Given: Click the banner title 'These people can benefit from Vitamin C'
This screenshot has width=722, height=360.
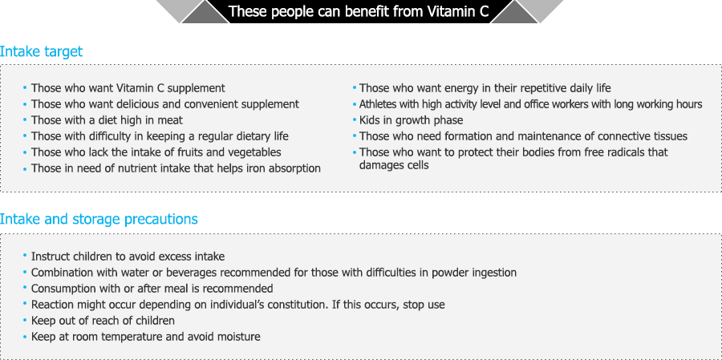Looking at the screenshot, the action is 359,11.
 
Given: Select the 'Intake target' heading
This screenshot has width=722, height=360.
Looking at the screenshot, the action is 42,51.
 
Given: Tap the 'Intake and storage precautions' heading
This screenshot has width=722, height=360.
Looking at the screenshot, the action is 99,219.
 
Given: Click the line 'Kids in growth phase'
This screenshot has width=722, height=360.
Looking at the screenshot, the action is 412,121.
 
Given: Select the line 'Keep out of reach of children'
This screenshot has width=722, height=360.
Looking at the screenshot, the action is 103,321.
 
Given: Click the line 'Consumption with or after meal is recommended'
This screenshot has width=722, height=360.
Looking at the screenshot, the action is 152,289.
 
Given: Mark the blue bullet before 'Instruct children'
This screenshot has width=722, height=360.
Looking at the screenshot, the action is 25,257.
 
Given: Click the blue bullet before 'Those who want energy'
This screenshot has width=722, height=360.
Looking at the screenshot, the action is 355,87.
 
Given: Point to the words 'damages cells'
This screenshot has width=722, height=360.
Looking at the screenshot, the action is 394,165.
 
